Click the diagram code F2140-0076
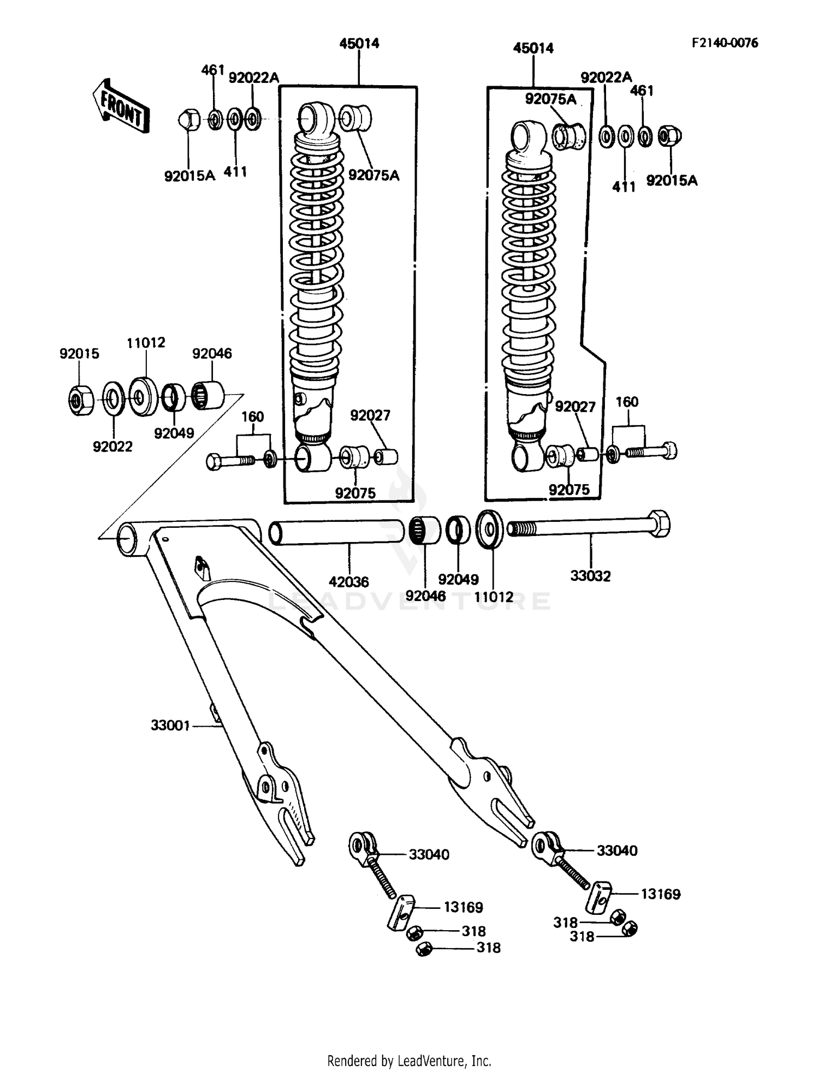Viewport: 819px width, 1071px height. [725, 43]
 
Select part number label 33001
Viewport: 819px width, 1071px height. [170, 725]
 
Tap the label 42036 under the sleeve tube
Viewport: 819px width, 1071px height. [349, 582]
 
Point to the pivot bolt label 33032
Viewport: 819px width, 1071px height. [590, 576]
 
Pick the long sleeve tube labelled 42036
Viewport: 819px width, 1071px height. [336, 532]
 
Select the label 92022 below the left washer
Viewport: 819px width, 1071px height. [112, 447]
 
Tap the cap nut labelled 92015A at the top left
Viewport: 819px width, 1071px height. [188, 118]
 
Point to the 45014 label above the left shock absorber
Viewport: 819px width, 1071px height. [359, 44]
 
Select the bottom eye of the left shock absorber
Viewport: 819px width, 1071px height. [312, 457]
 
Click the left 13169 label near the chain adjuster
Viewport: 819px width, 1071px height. [463, 907]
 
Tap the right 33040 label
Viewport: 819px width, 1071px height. [617, 850]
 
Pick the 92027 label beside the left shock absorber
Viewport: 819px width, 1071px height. [370, 416]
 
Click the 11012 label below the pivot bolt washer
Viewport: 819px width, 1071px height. [494, 597]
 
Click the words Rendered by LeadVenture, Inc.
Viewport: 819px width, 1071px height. [409, 1061]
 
